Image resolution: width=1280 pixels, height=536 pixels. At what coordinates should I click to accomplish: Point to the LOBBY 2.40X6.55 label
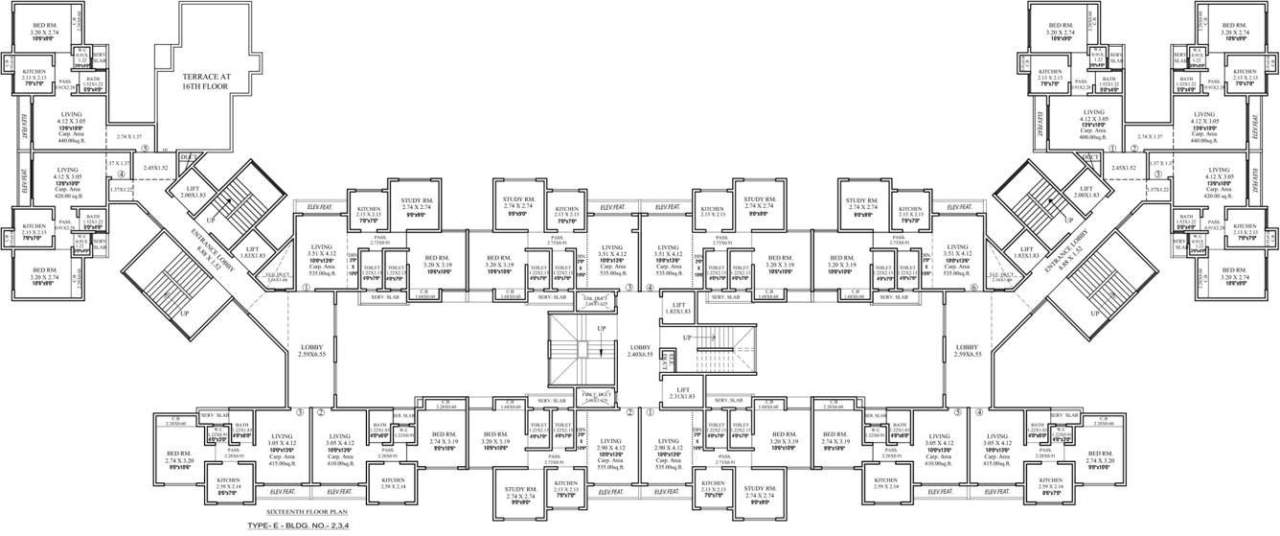click(x=641, y=350)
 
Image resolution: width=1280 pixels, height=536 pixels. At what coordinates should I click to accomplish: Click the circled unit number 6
click(x=973, y=287)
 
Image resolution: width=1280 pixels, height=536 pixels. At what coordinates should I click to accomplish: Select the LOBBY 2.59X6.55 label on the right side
click(x=968, y=350)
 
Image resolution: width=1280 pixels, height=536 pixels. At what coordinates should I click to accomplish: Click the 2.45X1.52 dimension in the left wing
click(x=156, y=168)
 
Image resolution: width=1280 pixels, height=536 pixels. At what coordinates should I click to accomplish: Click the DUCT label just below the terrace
click(x=189, y=156)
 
